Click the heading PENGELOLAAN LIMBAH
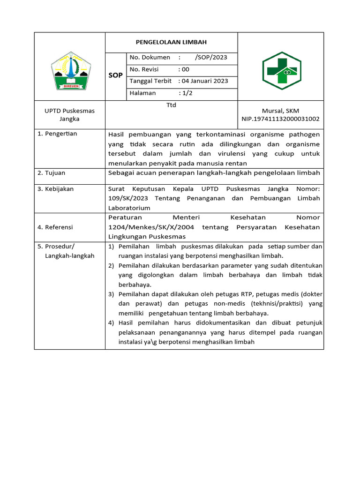(x=171, y=42)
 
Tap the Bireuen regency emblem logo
(x=69, y=71)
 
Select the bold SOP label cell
(x=116, y=75)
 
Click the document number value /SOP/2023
(x=211, y=58)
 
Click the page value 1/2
(x=187, y=93)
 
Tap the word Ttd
(x=171, y=105)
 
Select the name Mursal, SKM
(x=280, y=111)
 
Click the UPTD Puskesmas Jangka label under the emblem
(x=69, y=115)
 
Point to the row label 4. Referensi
(x=56, y=227)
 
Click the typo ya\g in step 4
(x=150, y=342)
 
